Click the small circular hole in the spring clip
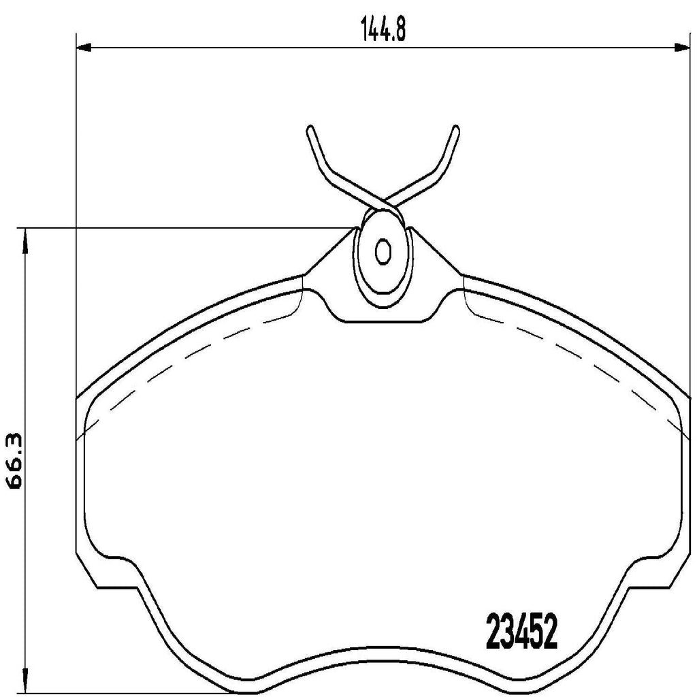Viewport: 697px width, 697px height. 383,253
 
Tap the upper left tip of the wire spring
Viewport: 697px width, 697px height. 310,129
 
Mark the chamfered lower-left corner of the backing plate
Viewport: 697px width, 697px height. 86,569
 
